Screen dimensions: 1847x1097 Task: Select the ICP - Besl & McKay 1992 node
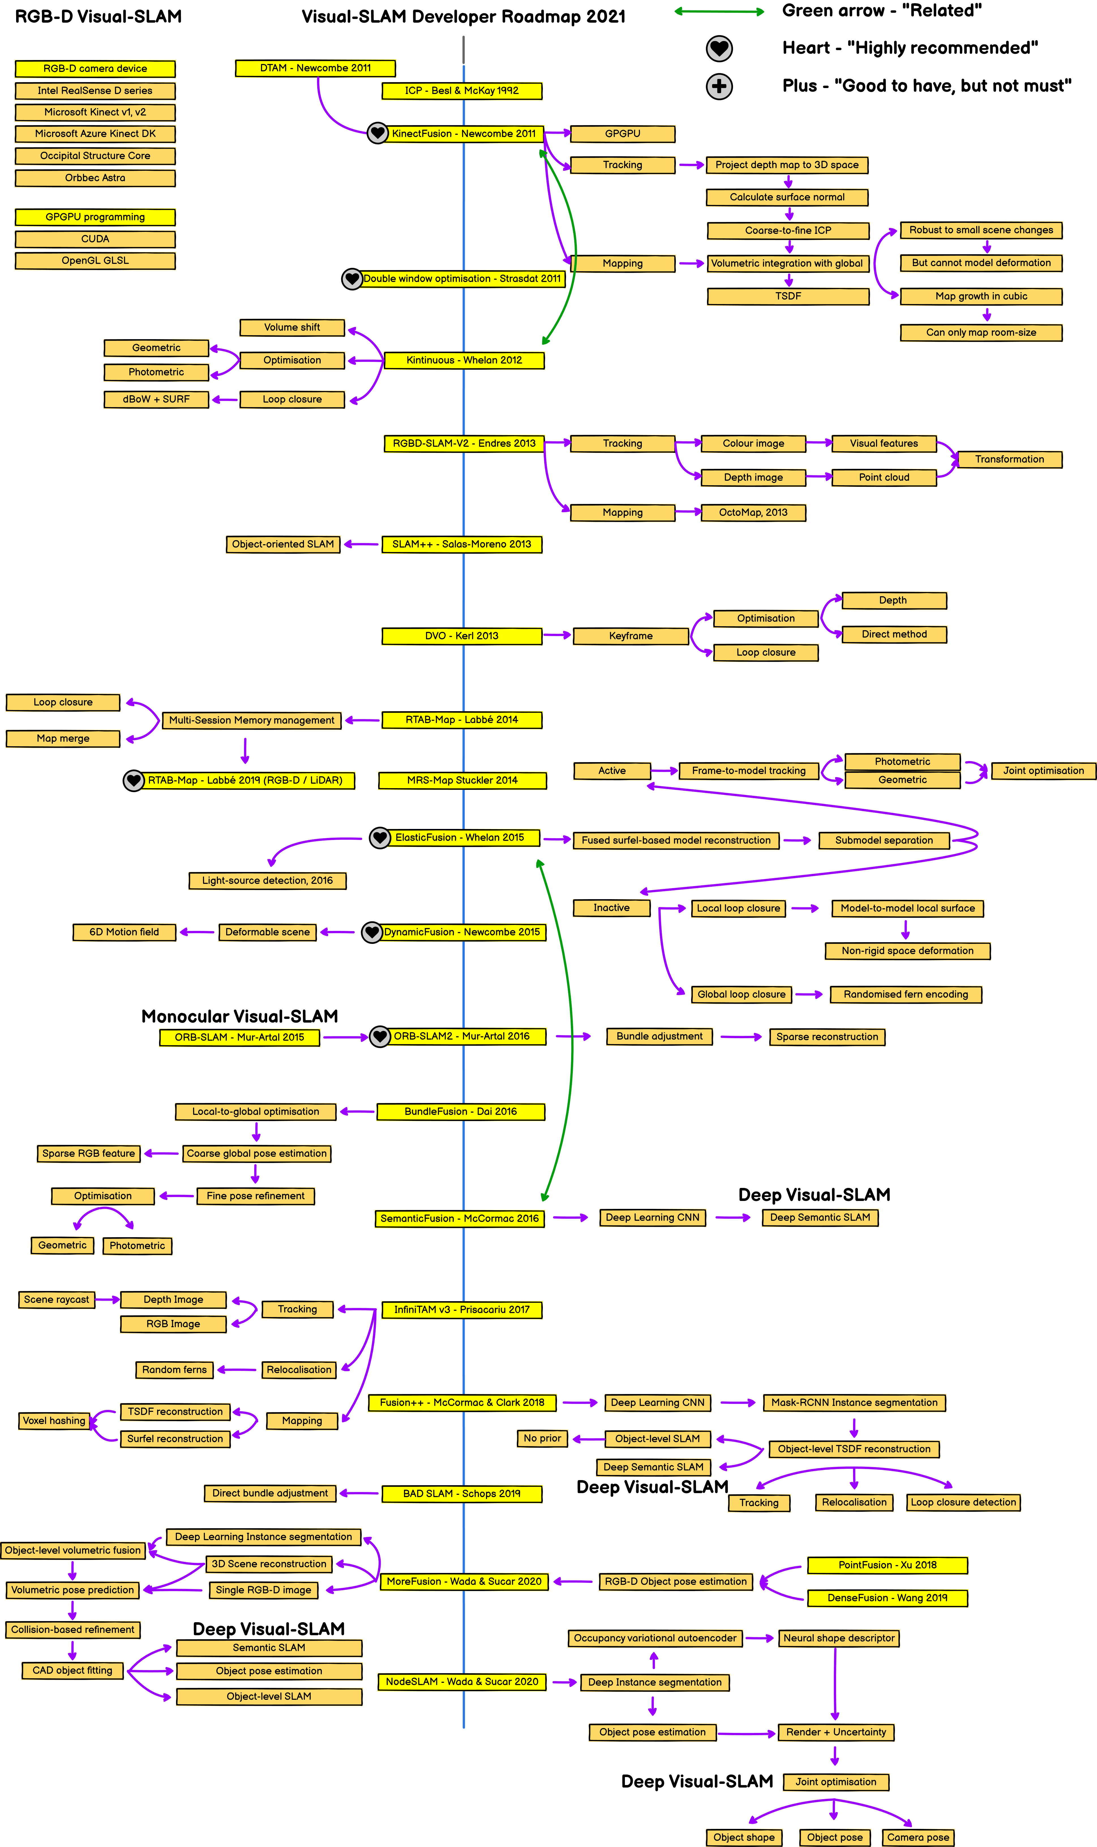(x=462, y=91)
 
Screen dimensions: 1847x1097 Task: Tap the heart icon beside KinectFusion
(x=378, y=133)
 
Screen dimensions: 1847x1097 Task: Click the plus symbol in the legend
(x=719, y=87)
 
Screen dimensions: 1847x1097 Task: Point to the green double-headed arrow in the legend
(x=719, y=11)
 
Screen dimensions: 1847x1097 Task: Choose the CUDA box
(x=95, y=239)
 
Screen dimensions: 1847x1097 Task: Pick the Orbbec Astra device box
(x=95, y=178)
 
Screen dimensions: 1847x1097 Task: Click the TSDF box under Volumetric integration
(x=788, y=296)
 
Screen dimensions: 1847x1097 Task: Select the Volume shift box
(x=292, y=328)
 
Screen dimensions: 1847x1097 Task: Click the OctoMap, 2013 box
(x=753, y=512)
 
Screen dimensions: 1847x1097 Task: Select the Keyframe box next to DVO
(x=631, y=636)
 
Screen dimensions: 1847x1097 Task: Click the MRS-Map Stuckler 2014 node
(x=462, y=780)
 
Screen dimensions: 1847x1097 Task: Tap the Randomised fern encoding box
(x=906, y=995)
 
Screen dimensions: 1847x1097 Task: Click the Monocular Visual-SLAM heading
(x=239, y=1016)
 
